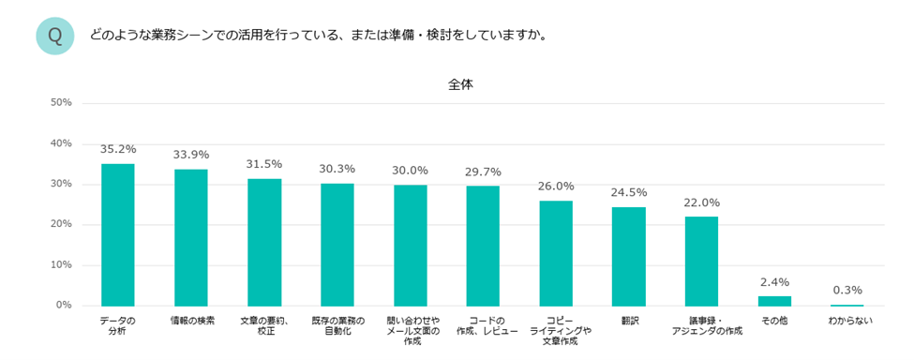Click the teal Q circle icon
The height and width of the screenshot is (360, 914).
point(55,36)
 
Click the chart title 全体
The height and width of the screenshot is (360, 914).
point(460,83)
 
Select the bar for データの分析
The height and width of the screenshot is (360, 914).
point(118,234)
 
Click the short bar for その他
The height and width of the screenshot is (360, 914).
point(774,301)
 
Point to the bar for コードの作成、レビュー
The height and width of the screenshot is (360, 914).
point(483,246)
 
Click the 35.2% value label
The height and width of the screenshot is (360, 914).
point(118,149)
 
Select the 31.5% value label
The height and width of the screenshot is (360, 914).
point(264,164)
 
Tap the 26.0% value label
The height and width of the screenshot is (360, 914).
point(556,187)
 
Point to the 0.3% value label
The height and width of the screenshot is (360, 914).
point(847,290)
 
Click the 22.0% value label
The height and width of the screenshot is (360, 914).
point(702,202)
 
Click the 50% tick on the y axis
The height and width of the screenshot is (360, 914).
point(61,102)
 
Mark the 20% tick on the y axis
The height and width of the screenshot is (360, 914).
point(61,224)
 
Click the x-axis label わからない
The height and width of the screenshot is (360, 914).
point(847,321)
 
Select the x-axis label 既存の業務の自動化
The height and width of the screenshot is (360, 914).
point(337,325)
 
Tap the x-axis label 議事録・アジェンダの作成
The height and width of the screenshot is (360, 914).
point(702,325)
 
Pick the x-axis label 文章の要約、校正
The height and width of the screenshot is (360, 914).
point(264,325)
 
